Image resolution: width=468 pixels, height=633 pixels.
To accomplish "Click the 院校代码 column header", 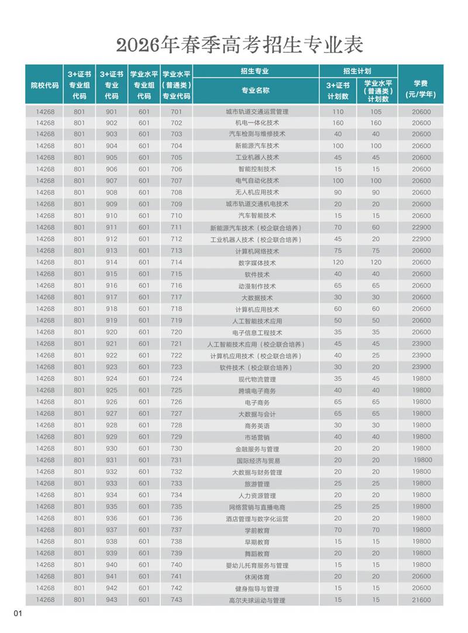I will tap(44, 85).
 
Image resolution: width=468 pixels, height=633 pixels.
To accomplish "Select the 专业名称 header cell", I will tap(256, 91).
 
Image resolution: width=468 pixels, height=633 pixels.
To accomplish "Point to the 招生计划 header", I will tap(357, 71).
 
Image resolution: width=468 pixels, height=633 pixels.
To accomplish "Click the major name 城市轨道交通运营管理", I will tap(257, 111).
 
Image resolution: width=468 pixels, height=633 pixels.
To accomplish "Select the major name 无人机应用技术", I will tap(257, 192).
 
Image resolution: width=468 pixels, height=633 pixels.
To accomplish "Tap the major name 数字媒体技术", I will tap(257, 262).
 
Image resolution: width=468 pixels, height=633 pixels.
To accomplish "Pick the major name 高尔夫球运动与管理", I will tap(257, 600).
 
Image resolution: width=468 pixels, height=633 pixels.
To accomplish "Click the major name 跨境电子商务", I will tap(257, 390).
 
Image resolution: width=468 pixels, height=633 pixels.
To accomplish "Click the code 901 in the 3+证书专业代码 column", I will tap(111, 111).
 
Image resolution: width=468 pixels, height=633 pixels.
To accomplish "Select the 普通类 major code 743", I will tap(176, 600).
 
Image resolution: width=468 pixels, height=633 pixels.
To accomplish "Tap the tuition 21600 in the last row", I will tap(421, 600).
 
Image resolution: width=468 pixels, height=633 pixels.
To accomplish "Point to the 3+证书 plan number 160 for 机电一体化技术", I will tap(338, 123).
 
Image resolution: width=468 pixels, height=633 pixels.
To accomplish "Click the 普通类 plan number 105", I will tap(376, 111).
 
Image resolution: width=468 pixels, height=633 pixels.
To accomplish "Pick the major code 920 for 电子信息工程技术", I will tap(111, 332).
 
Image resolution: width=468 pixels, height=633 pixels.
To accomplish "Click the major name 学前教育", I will tap(257, 530).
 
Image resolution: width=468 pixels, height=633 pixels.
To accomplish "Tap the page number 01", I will tap(18, 613).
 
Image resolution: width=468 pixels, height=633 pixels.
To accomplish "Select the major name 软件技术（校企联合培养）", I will tap(257, 367).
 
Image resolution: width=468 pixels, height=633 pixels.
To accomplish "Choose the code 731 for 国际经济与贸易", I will tap(176, 460).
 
